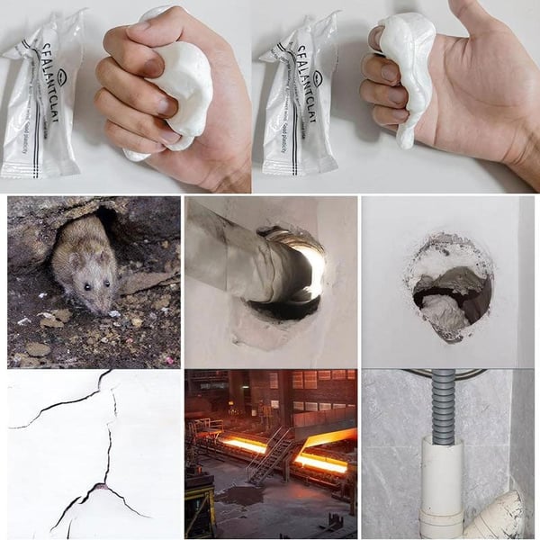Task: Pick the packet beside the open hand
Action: (300, 99)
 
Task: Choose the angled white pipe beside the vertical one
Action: (495, 517)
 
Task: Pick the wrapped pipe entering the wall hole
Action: (238, 256)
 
